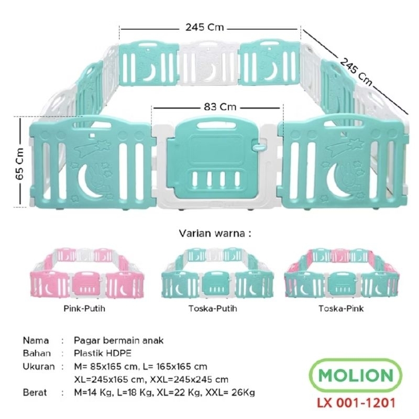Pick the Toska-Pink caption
pyautogui.click(x=341, y=308)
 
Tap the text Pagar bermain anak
pyautogui.click(x=119, y=340)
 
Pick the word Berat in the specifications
pyautogui.click(x=35, y=392)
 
